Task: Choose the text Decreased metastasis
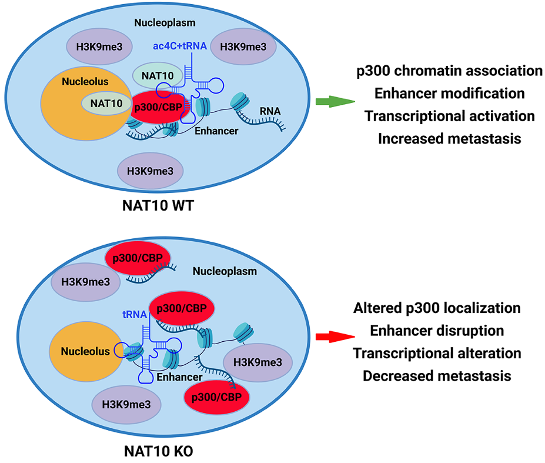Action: tap(437, 375)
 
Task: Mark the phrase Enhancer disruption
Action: tap(437, 330)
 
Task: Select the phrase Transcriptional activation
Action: tap(449, 115)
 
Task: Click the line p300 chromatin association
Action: tap(449, 71)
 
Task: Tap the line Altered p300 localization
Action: tap(437, 308)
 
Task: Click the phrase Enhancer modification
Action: tap(449, 93)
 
